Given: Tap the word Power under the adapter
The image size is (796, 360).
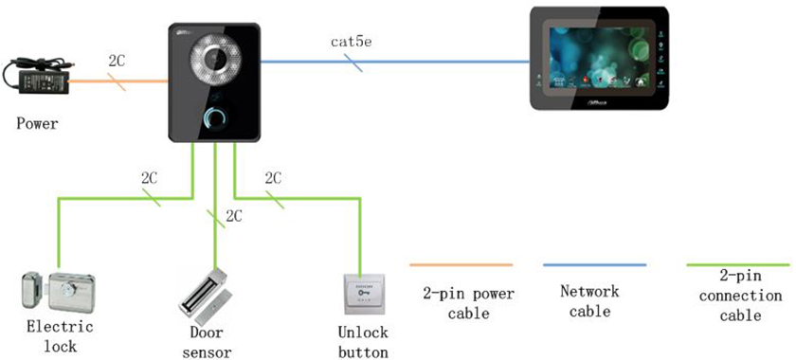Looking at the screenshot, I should point(37,123).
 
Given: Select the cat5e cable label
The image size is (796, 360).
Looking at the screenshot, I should point(350,42).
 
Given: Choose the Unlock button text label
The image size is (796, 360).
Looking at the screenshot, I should point(362,343).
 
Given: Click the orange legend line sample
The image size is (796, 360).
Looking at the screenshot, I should point(461,265).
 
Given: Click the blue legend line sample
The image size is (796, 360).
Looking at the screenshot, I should point(594,265).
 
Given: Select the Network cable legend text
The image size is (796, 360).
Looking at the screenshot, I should point(589,301).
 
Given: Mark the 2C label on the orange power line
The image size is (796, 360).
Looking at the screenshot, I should point(118,60).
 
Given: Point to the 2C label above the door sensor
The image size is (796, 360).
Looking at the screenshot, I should point(233,216).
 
